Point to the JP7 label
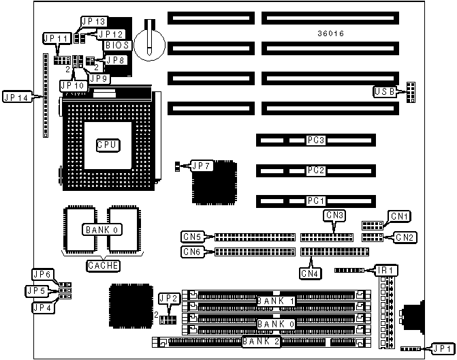point(202,165)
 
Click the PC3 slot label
point(315,141)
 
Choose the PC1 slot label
point(315,201)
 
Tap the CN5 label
point(192,237)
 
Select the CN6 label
point(192,252)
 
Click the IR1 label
point(385,271)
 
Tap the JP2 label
point(168,298)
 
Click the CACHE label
point(104,265)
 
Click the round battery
point(148,42)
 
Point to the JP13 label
point(93,22)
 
